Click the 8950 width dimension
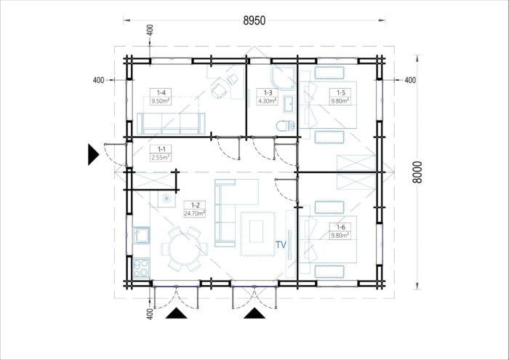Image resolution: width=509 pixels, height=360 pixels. [x=254, y=20]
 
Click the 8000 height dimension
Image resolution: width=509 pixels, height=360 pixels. [x=417, y=172]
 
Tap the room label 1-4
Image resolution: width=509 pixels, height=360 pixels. [x=161, y=93]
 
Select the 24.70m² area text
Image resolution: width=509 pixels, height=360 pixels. [x=195, y=213]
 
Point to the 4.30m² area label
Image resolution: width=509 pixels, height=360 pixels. [x=267, y=101]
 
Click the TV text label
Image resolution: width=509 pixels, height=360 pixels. [x=281, y=244]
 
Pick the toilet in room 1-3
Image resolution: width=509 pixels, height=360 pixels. [x=286, y=125]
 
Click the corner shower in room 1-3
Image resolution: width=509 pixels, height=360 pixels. [x=283, y=78]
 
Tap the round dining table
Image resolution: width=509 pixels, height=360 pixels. [x=184, y=249]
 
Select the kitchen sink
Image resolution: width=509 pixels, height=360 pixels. [x=142, y=235]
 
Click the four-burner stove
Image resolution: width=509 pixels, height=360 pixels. [x=142, y=268]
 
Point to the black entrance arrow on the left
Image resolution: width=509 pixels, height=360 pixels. [x=93, y=155]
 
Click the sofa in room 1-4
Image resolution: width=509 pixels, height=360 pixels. [x=171, y=124]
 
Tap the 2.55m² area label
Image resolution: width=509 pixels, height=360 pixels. [x=161, y=158]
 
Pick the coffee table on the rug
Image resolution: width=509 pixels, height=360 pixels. [x=257, y=231]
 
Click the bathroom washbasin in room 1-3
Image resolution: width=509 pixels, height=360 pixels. [x=289, y=104]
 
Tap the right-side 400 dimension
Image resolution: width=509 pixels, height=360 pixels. [x=410, y=80]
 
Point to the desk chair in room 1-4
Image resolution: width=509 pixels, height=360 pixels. [x=219, y=90]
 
